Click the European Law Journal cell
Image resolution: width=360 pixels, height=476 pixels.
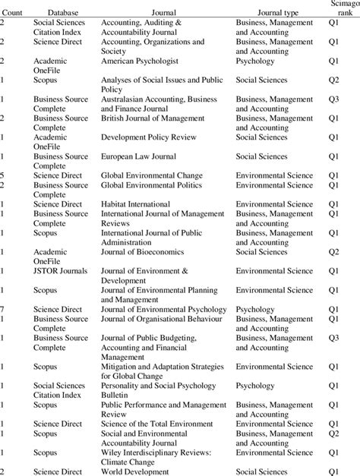tap(147, 156)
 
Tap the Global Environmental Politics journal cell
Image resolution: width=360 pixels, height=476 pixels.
tap(161, 185)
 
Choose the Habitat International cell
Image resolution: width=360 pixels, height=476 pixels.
tap(146, 204)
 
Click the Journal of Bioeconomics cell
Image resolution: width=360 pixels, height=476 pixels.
tap(150, 251)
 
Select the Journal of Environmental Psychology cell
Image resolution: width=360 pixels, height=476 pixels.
tap(172, 309)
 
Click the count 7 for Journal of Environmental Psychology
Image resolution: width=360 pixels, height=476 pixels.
tap(3, 309)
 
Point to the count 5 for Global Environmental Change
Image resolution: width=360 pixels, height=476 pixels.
tap(3, 175)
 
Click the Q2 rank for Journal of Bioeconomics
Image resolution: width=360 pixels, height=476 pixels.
tap(333, 251)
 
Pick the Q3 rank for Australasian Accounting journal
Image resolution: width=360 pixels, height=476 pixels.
tap(333, 99)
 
